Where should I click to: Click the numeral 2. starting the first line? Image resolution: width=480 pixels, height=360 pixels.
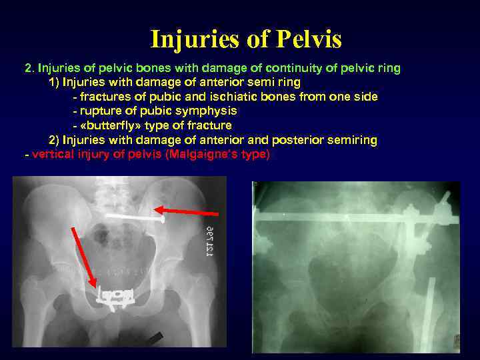point(29,68)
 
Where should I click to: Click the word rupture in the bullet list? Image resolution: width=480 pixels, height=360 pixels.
point(98,111)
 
